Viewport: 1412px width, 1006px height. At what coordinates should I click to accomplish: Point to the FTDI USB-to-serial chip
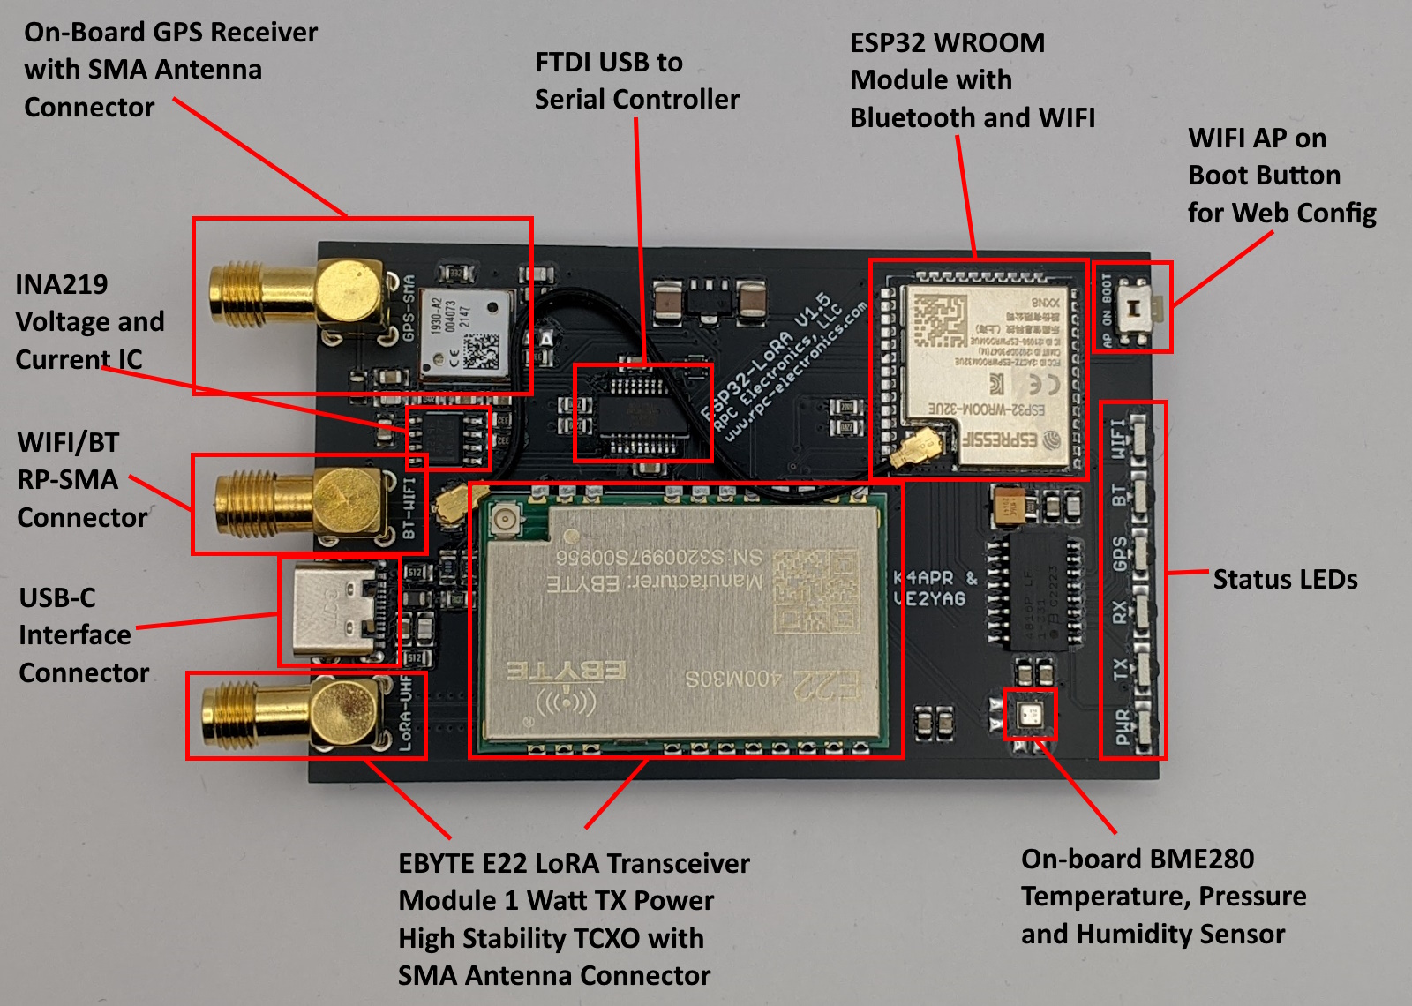pyautogui.click(x=643, y=413)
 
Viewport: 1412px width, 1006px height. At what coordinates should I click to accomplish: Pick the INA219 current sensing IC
pyautogui.click(x=448, y=437)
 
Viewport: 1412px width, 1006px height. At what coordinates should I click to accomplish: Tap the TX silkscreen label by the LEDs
pyautogui.click(x=1121, y=670)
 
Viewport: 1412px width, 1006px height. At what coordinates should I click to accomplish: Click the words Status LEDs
pyautogui.click(x=1285, y=579)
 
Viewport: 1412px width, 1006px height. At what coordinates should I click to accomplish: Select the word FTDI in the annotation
pyautogui.click(x=566, y=63)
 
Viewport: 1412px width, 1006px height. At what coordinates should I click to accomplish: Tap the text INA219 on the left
pyautogui.click(x=62, y=284)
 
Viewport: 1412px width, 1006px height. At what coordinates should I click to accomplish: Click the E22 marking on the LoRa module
pyautogui.click(x=825, y=684)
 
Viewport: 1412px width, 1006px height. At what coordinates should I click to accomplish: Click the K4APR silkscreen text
pyautogui.click(x=923, y=578)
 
